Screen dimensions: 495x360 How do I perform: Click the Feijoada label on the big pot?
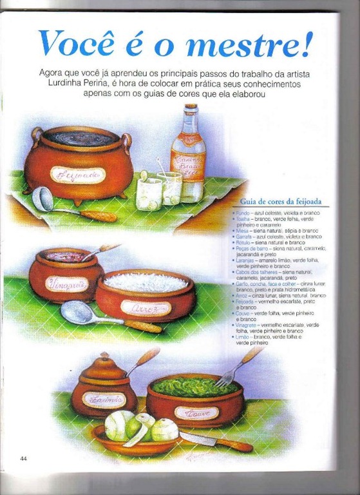tap(77, 175)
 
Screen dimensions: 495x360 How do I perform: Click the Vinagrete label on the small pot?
tap(66, 283)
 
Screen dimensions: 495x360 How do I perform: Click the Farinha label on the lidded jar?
tap(103, 400)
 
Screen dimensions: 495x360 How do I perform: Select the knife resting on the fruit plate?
tap(213, 441)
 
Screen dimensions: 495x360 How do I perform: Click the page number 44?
tap(23, 458)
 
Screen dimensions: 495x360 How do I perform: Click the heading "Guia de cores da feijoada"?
tap(281, 201)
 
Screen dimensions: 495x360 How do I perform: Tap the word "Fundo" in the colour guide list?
tap(242, 212)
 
